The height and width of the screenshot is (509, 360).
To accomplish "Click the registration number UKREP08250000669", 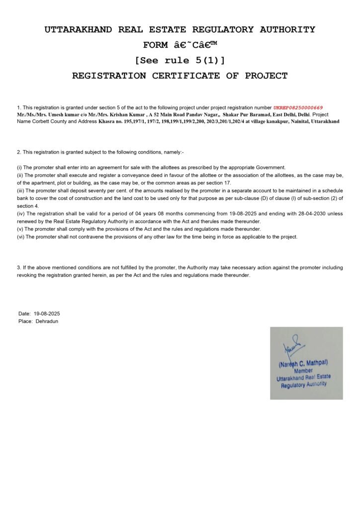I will pos(298,107).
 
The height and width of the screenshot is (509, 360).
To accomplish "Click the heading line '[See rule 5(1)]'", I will pos(180,61).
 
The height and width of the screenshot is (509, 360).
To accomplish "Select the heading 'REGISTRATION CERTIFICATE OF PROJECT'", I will pos(180,76).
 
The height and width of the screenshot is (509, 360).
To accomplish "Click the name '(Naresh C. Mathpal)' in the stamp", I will pos(303,363).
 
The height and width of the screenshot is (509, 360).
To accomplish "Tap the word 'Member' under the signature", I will pos(303,371).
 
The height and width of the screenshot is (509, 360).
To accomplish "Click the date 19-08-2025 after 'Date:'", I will pos(47,314).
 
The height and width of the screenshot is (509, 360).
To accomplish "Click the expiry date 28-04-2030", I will pos(281,214).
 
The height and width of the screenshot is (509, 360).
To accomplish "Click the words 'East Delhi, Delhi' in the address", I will pos(287,114).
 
